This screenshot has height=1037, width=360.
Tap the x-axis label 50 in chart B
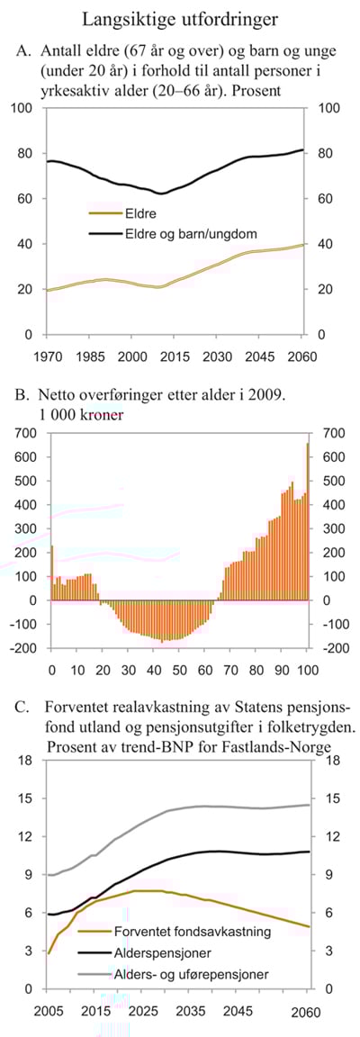click(179, 670)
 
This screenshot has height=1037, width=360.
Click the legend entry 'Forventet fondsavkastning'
click(193, 932)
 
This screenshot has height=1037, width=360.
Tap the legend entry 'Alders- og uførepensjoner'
click(191, 973)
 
